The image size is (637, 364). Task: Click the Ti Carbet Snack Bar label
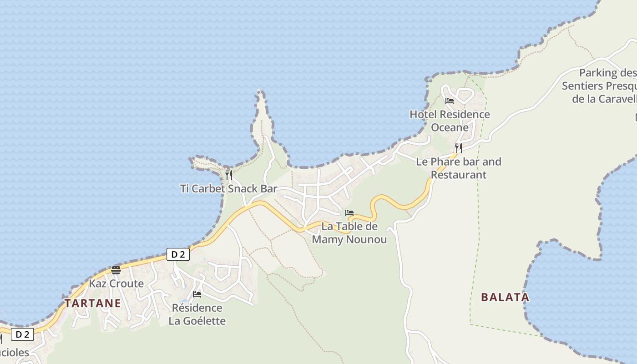[228, 188]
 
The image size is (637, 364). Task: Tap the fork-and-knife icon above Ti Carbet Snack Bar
[229, 175]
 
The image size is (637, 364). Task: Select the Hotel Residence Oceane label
[450, 121]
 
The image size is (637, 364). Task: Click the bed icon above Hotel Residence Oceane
[450, 101]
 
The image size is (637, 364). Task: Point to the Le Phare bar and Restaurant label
[458, 168]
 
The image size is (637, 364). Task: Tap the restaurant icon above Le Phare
[458, 148]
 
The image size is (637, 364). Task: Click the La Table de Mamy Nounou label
[349, 233]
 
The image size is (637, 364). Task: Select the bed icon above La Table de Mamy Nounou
[349, 212]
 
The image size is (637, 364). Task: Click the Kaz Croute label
[116, 283]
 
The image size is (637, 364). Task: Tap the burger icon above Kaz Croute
[116, 270]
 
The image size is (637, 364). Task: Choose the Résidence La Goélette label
[197, 314]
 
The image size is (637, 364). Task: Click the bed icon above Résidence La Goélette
[197, 294]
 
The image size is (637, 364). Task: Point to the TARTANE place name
[93, 303]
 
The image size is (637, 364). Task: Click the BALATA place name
[505, 298]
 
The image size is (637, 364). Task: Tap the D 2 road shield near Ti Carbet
[178, 254]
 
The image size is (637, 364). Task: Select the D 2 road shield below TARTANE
[22, 335]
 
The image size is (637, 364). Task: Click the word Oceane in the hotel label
[450, 127]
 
